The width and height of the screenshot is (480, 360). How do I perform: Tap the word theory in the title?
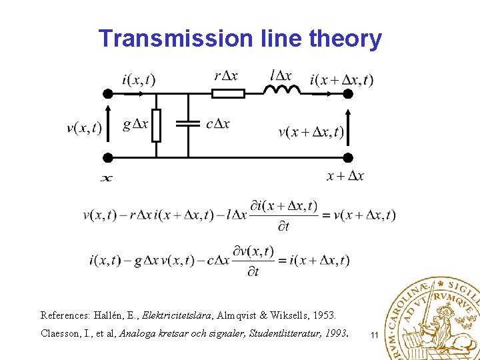point(345,39)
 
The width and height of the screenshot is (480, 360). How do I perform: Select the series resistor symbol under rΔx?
point(227,93)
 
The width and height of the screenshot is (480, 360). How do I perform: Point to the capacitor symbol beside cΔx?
point(188,124)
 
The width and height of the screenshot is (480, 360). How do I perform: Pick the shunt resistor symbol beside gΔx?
point(156,125)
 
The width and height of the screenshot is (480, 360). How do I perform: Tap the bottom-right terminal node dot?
point(347,157)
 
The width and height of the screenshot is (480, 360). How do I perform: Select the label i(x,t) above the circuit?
point(139,79)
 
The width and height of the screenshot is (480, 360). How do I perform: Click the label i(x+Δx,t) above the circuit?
point(341,80)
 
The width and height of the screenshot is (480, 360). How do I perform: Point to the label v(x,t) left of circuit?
point(85,127)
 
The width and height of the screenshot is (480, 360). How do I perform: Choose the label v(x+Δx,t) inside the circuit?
point(311,131)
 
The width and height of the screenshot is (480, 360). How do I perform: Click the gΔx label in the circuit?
point(136,124)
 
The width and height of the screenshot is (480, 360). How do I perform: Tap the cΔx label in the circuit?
point(218,124)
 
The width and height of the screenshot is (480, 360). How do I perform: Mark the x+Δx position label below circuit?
point(345,176)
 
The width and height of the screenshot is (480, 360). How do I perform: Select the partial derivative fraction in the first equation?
point(283,215)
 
